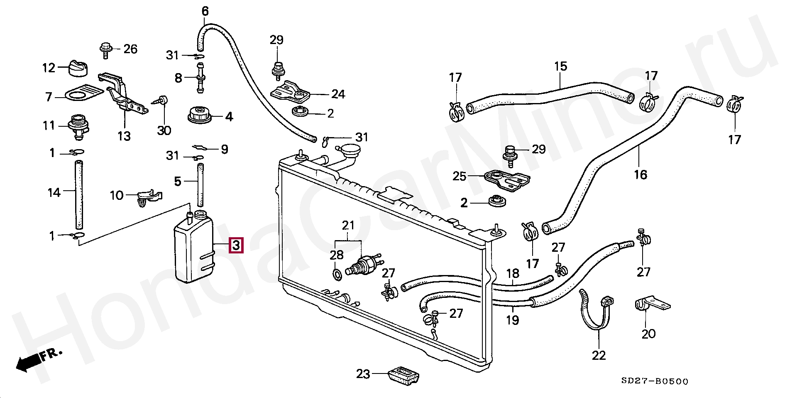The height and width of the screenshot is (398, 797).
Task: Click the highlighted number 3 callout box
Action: (236, 245)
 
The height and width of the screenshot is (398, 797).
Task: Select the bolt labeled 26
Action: (106, 50)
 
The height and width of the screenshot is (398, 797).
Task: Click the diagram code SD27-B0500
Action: (655, 381)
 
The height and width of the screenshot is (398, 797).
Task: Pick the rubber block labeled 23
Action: (404, 375)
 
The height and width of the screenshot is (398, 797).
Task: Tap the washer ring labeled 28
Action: (337, 274)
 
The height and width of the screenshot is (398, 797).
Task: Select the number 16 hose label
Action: (640, 174)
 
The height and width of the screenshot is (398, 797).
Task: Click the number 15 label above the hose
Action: (560, 66)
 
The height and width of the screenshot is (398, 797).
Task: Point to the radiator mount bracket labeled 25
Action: (507, 180)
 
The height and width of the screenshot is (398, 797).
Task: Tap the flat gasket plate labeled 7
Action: (83, 93)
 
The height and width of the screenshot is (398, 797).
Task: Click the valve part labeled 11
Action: (78, 125)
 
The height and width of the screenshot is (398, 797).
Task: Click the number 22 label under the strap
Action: (599, 355)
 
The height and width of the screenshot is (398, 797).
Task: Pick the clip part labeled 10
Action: (147, 197)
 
